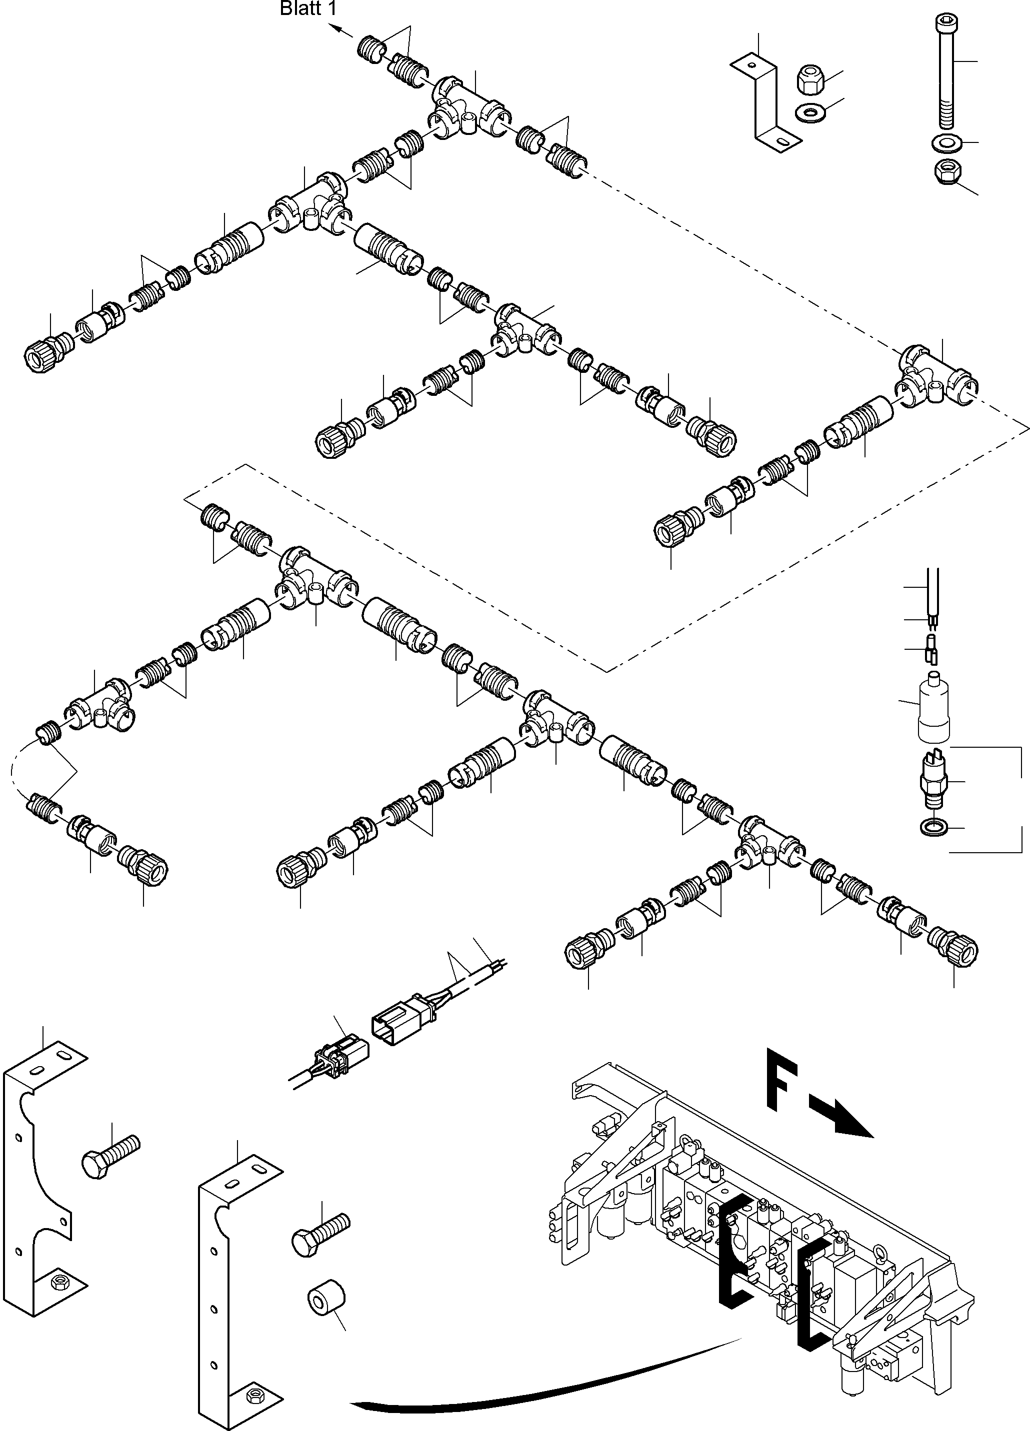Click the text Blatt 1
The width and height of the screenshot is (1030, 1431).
308,9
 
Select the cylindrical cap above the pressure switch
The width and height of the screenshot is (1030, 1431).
933,707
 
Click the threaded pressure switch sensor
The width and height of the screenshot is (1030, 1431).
933,779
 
